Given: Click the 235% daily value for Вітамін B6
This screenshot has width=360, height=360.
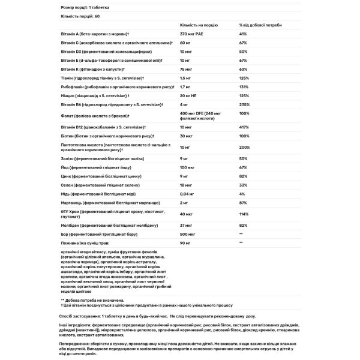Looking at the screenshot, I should click(x=244, y=103).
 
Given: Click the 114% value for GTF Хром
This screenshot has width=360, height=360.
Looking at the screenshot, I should click(x=243, y=214).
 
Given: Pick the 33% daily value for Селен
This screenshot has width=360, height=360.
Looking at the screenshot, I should click(x=242, y=185).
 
